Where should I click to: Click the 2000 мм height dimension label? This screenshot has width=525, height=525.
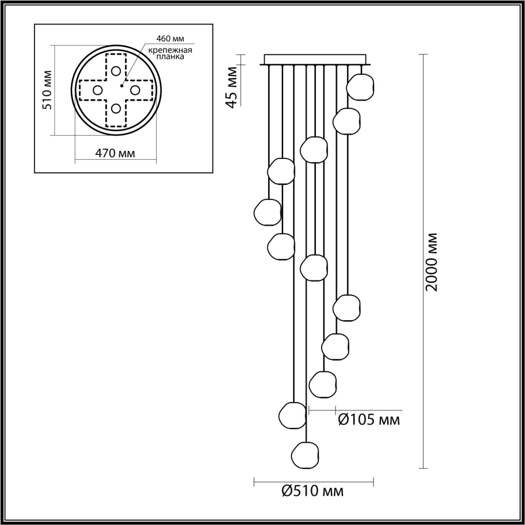tap(431, 262)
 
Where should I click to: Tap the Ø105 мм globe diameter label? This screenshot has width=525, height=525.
tap(369, 420)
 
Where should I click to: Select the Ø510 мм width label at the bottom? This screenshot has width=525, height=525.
tap(313, 491)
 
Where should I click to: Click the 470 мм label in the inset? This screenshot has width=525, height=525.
tap(115, 153)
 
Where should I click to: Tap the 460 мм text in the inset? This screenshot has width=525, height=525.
tap(170, 39)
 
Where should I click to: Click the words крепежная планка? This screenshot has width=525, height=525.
tap(170, 54)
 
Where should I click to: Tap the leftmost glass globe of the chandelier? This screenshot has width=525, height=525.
tap(267, 212)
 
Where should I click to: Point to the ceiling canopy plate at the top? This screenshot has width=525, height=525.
tap(315, 59)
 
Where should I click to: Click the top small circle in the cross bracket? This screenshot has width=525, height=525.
tap(116, 71)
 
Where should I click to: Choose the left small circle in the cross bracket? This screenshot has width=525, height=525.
tap(97, 90)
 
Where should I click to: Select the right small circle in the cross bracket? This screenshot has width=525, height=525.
tap(135, 90)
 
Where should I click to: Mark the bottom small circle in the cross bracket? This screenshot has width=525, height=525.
tap(116, 109)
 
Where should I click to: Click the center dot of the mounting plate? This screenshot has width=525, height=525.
tap(121, 86)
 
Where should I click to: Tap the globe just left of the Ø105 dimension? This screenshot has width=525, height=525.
tap(293, 415)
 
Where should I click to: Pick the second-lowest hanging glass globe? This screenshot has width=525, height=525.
tap(293, 415)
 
